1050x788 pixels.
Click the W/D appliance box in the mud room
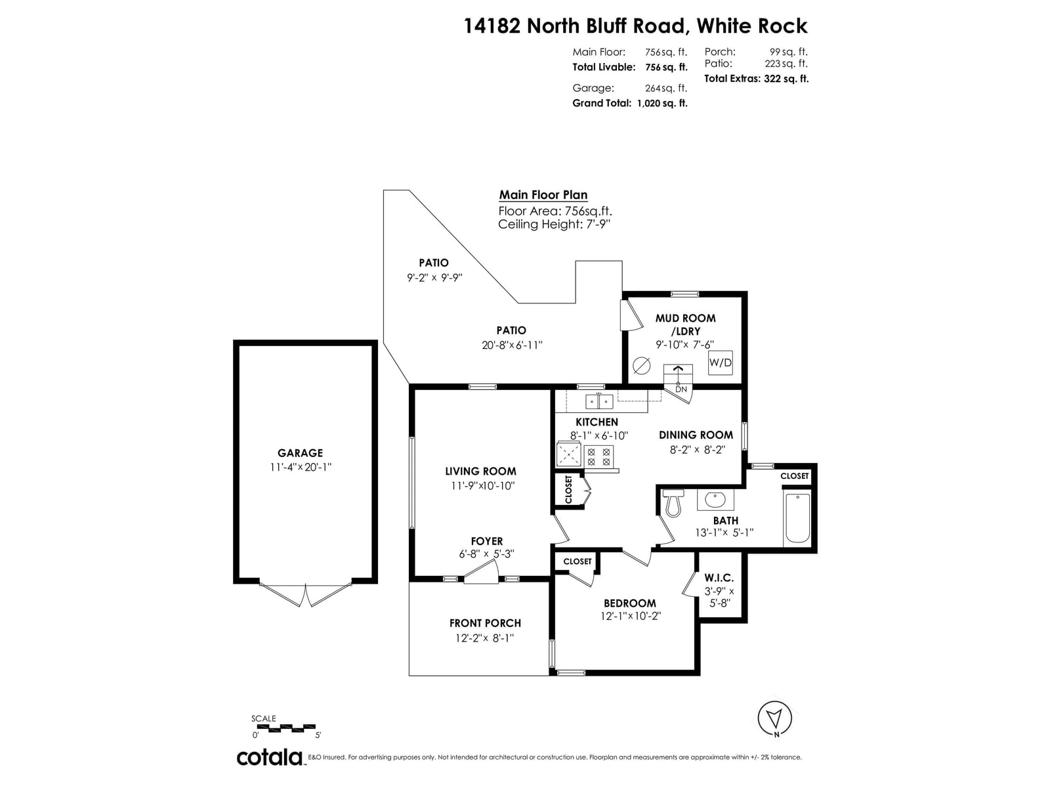[x=720, y=362]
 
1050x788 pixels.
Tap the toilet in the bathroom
[x=673, y=503]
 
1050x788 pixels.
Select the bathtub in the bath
[x=797, y=517]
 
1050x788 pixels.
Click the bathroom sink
[x=715, y=500]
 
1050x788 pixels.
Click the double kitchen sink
[x=599, y=401]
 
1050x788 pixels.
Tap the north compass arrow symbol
[x=774, y=718]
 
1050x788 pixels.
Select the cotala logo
[x=270, y=757]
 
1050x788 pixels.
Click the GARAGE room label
[x=300, y=452]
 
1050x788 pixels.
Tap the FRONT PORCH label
[x=485, y=623]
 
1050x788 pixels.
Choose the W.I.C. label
[x=719, y=577]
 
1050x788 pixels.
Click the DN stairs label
[x=681, y=389]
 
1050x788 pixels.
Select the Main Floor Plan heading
[x=543, y=195]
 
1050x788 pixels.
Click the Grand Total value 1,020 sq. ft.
[x=662, y=103]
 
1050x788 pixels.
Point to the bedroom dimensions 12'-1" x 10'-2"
[x=630, y=616]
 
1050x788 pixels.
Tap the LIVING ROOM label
[x=480, y=471]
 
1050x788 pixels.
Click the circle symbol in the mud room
[x=641, y=366]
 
